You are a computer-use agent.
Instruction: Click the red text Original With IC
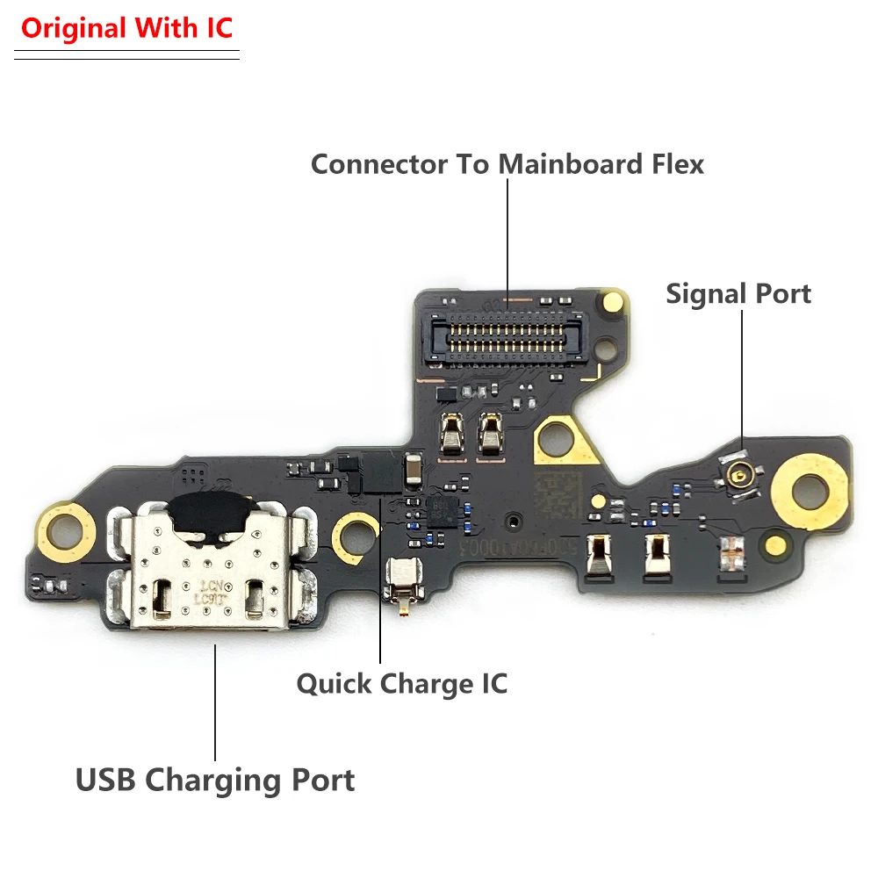pyautogui.click(x=127, y=28)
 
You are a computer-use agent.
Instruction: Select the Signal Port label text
pyautogui.click(x=738, y=294)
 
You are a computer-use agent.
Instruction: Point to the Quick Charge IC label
pyautogui.click(x=402, y=683)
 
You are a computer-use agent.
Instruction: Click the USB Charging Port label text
pyautogui.click(x=215, y=780)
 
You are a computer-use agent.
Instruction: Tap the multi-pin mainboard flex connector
pyautogui.click(x=507, y=332)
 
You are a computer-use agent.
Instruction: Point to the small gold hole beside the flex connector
pyautogui.click(x=614, y=304)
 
